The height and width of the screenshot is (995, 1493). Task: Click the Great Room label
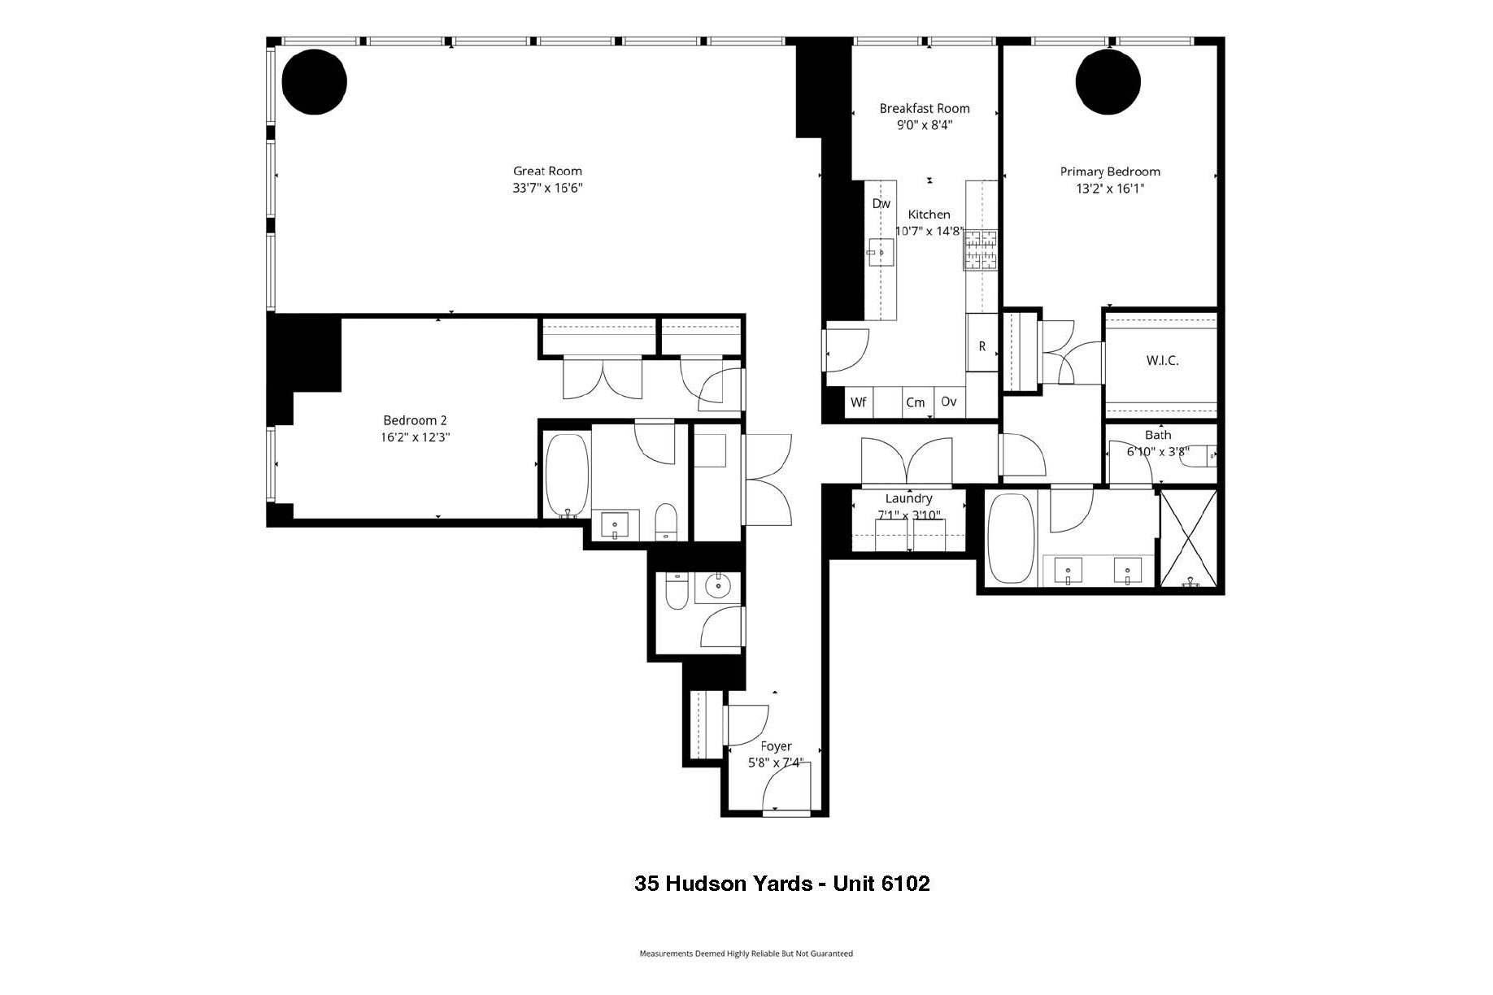(547, 171)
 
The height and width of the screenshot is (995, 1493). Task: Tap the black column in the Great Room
(315, 81)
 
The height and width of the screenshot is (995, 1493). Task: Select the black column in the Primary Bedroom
(1108, 81)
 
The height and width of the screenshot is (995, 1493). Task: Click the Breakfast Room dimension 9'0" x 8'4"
(924, 125)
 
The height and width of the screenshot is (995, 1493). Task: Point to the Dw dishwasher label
(881, 204)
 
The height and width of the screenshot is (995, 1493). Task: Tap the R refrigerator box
(982, 346)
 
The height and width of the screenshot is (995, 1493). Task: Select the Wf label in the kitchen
(858, 402)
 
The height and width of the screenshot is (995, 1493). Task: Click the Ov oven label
(948, 402)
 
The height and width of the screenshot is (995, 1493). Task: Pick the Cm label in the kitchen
(915, 402)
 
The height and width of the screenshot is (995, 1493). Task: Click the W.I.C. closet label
(1162, 361)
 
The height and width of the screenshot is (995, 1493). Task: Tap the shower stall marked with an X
(1189, 537)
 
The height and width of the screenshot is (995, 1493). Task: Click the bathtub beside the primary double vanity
(1011, 537)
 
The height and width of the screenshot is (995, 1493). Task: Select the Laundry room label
(908, 498)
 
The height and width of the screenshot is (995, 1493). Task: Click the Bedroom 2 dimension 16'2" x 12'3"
(415, 437)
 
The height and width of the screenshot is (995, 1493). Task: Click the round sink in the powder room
(718, 586)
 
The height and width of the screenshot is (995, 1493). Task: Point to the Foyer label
(776, 746)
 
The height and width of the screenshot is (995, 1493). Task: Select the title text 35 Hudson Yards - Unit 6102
(781, 884)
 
